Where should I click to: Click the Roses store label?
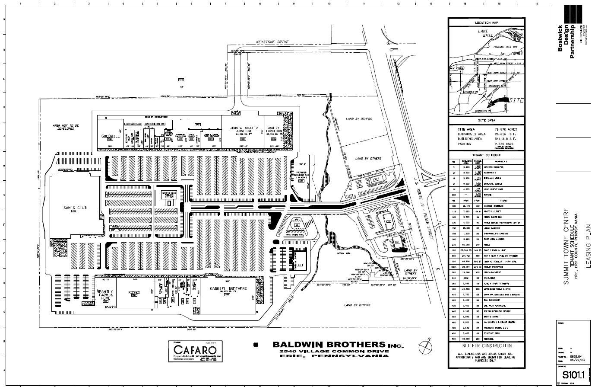134,293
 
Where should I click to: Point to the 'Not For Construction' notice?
486,346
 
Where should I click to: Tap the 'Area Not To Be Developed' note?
66,127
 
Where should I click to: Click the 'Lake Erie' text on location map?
482,33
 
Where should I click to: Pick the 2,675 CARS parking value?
503,144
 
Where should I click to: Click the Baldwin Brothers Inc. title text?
338,345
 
